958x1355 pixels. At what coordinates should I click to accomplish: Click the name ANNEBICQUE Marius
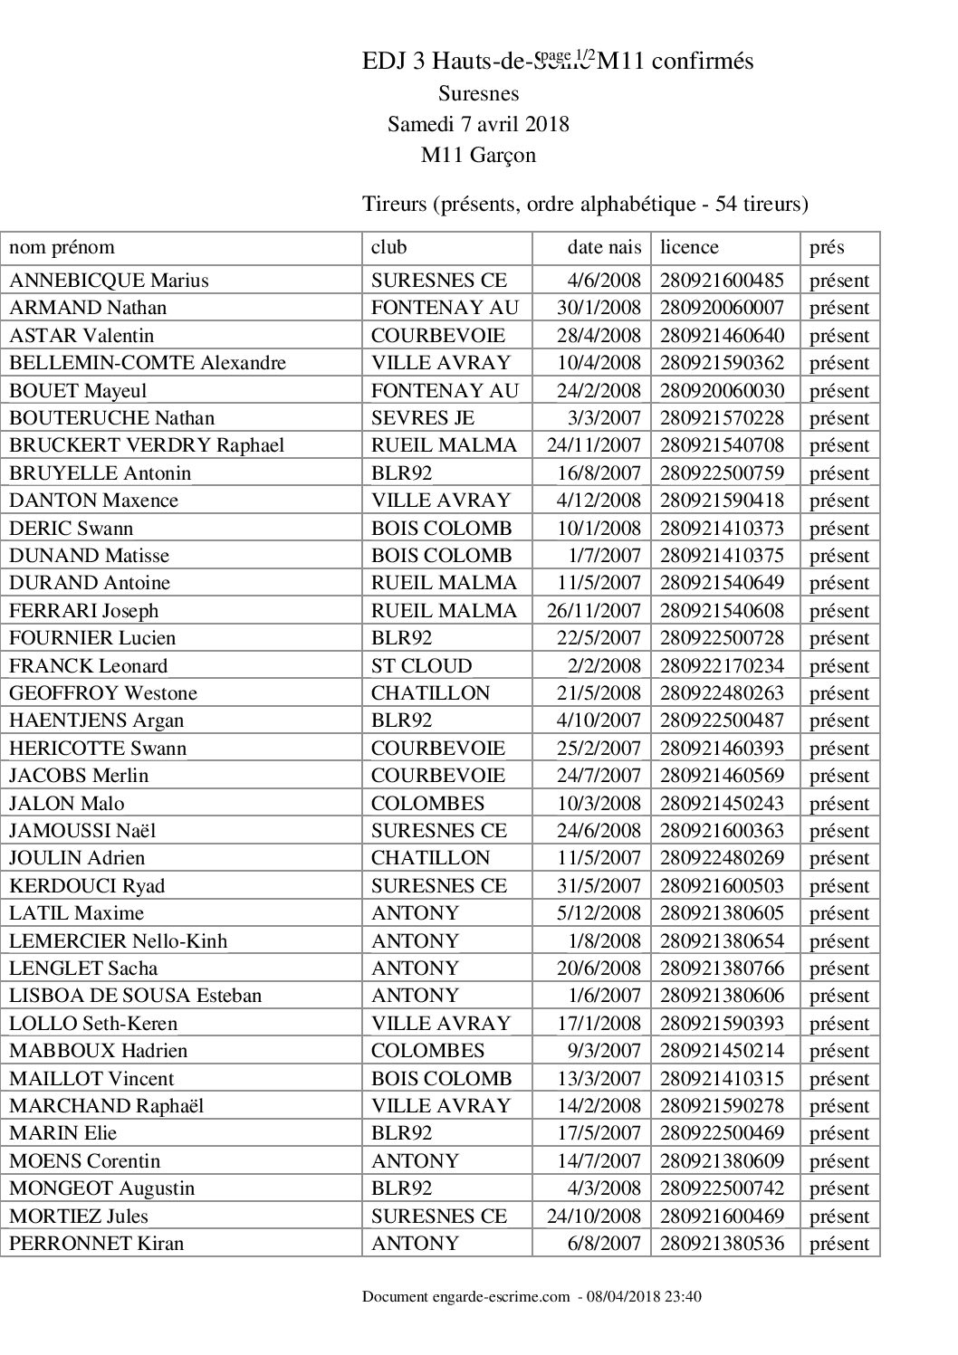[109, 281]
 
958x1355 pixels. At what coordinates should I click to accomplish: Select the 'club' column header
[389, 247]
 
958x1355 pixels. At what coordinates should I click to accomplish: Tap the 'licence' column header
[689, 247]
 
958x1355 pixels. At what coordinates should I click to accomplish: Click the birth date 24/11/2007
[594, 445]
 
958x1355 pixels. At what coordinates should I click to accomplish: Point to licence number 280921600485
[722, 281]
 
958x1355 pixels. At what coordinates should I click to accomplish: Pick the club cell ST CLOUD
[421, 666]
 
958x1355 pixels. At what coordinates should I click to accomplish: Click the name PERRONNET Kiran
[96, 1244]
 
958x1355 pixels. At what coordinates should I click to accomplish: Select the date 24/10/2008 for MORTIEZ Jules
[594, 1217]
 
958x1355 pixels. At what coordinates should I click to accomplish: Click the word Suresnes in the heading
[478, 93]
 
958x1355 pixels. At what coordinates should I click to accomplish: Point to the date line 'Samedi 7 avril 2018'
[478, 124]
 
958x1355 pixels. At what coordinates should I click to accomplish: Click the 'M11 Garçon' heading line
[478, 156]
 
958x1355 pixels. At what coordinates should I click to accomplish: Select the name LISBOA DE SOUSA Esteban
[135, 996]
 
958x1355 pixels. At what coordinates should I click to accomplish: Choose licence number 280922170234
[722, 666]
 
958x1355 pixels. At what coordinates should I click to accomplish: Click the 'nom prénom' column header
[62, 247]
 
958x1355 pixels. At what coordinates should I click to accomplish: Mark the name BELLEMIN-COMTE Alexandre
[148, 363]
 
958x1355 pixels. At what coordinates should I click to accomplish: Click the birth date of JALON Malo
[599, 804]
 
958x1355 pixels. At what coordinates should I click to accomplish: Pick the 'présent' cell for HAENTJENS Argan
[838, 721]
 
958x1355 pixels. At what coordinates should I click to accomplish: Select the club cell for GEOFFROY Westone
[430, 693]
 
